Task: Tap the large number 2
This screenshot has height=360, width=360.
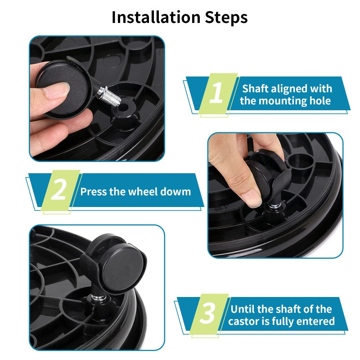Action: [x=58, y=191]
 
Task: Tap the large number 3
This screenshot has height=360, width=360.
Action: [x=207, y=314]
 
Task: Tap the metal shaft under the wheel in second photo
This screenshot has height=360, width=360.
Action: [x=273, y=207]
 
